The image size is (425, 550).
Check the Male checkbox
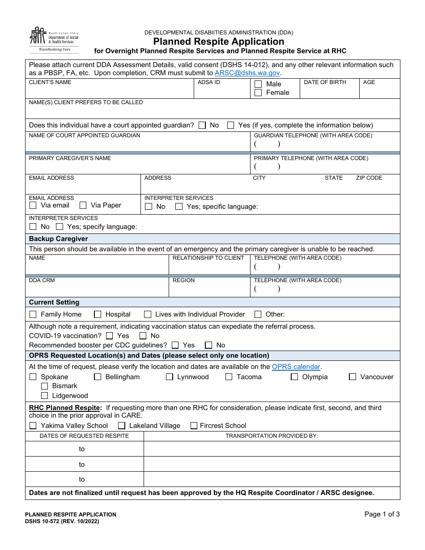pos(258,84)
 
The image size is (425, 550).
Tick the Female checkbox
pos(258,93)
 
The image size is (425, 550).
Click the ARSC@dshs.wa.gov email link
pos(247,73)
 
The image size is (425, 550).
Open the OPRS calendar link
pos(296,367)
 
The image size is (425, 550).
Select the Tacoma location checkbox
pos(229,377)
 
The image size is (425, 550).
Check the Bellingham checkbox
pos(98,377)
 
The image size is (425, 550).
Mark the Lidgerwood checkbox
pos(44,396)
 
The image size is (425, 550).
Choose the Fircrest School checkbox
pos(194,426)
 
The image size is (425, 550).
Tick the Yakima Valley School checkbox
pos(33,426)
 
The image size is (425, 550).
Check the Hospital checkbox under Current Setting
pos(98,314)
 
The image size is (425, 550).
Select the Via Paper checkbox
pos(83,205)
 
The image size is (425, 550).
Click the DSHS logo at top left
pos(54,39)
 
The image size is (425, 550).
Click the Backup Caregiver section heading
pos(59,239)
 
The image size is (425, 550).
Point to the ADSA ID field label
pos(209,82)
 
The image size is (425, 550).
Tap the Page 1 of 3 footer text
pos(382,514)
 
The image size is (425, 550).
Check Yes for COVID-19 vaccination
pos(110,336)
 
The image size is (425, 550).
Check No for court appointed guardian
pos(202,125)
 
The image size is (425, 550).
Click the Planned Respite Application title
pos(219,42)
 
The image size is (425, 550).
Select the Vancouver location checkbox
pos(353,377)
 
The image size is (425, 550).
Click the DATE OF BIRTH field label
pos(325,82)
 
